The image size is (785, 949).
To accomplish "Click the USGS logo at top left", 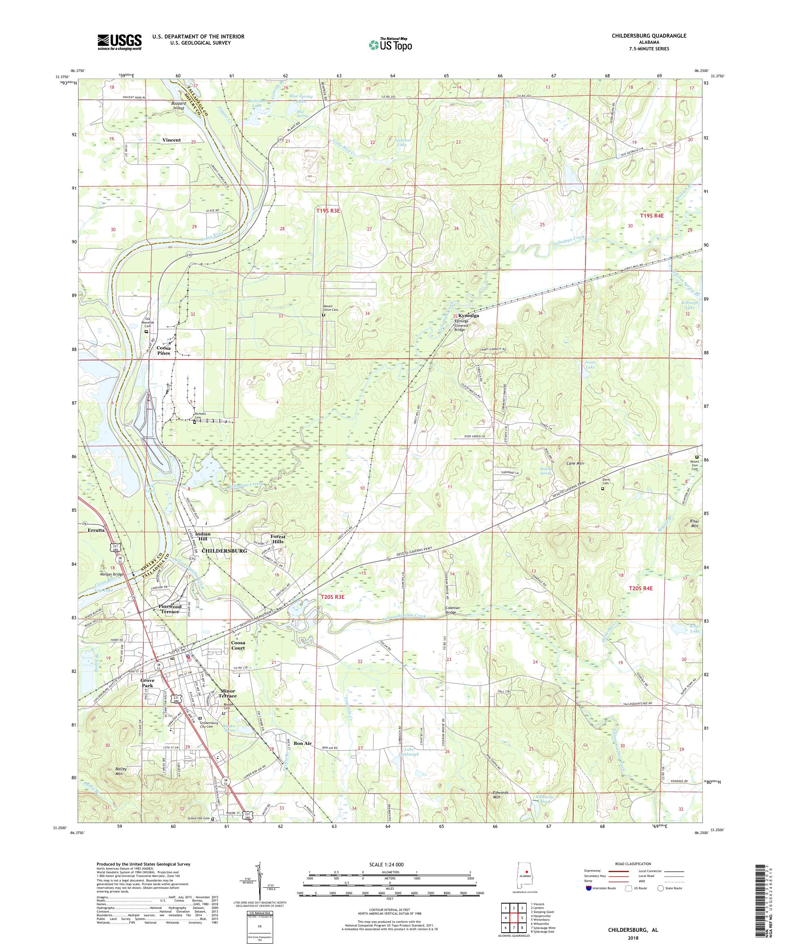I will point(119,43).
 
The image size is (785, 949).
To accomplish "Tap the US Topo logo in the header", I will point(391,44).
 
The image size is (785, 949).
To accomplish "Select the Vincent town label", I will point(171,140).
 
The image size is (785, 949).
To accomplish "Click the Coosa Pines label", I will point(164,352).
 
